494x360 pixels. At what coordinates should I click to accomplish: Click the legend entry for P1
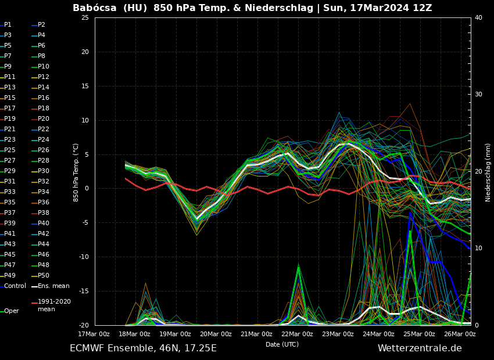coord(8,25)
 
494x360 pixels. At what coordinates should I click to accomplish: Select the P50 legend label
coord(43,276)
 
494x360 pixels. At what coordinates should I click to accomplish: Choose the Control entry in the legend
coord(15,286)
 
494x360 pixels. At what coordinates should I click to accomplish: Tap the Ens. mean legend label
coord(53,286)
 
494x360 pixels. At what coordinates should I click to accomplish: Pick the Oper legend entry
coord(12,311)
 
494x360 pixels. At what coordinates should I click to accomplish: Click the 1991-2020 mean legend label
coord(54,305)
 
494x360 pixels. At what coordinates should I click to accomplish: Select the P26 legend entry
coord(43,150)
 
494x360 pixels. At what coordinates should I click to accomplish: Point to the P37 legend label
coord(10,213)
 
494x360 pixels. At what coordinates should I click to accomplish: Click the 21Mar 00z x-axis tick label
coord(256,334)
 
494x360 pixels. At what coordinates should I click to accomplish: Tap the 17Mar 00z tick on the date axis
coord(94,334)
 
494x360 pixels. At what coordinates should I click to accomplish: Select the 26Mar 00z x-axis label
coord(460,334)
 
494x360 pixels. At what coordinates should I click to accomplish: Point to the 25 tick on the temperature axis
coord(85,18)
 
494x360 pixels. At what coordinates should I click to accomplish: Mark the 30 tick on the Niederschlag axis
coord(478,95)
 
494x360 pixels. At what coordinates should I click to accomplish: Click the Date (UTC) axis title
coord(282,344)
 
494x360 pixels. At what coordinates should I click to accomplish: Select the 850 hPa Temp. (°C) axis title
coord(76,172)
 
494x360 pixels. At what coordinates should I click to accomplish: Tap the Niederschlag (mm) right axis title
coord(488,172)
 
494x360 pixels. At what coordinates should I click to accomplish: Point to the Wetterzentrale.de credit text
coord(420,348)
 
